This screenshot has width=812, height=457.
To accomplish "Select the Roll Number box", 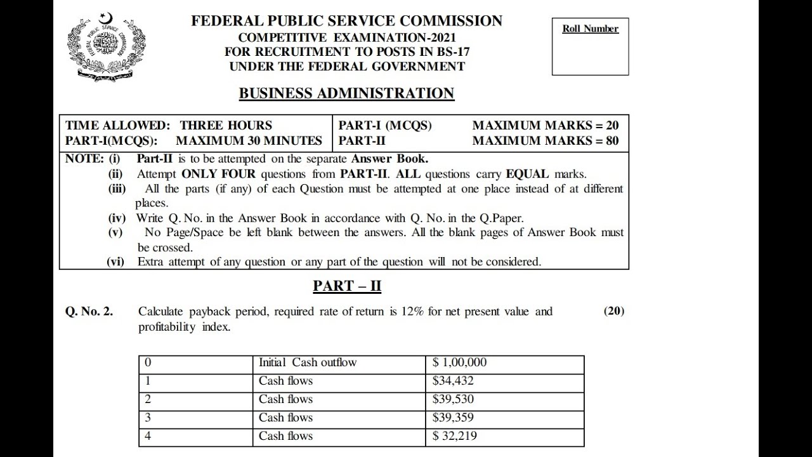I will click(590, 46).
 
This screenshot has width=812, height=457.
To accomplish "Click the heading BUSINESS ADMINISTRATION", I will click(346, 93).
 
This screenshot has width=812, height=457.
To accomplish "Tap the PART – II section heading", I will click(347, 286).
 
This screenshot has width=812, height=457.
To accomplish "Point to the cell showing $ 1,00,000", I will click(460, 363).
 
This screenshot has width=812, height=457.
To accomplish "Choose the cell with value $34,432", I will click(453, 381).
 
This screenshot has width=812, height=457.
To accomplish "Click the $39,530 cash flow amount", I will click(453, 399).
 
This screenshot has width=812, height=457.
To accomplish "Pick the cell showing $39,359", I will click(453, 418).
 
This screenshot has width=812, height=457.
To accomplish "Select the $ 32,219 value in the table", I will click(455, 436).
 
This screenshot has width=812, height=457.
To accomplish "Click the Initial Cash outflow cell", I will click(308, 363).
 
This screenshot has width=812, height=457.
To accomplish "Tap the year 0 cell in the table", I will click(148, 363).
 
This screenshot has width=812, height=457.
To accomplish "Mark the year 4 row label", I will click(148, 436).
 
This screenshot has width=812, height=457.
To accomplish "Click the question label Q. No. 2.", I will click(89, 312).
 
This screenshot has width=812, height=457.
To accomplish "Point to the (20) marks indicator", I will click(614, 311).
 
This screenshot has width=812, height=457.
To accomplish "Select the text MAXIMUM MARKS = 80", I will click(546, 141).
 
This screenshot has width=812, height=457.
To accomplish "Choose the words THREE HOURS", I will click(226, 125).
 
